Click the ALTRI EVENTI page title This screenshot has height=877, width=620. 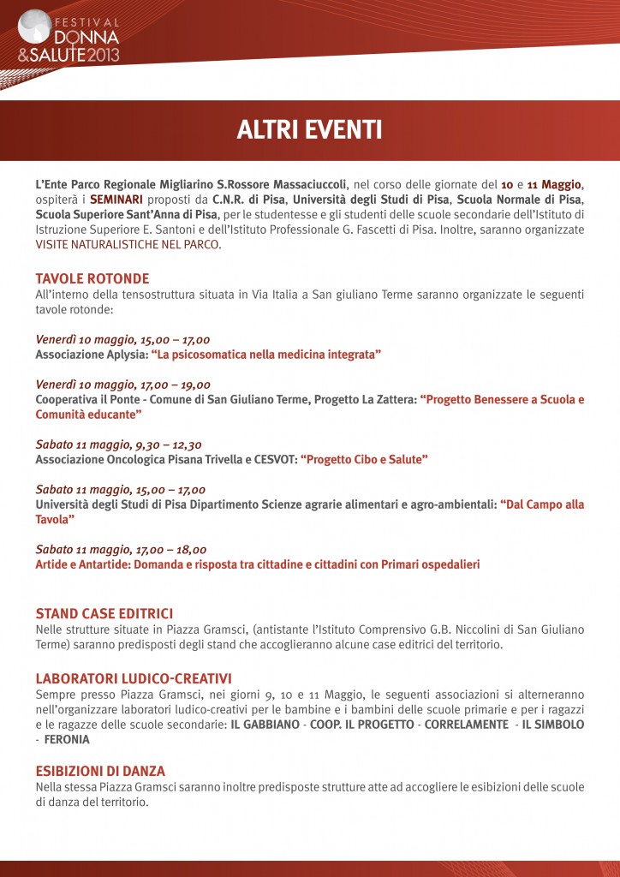(x=309, y=130)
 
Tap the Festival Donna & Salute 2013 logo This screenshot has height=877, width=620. (x=69, y=36)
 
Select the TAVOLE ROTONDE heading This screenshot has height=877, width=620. (x=92, y=278)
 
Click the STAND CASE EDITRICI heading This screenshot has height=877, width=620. (x=104, y=613)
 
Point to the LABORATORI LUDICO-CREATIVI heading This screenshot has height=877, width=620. (x=134, y=678)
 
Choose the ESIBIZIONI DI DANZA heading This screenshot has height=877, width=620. (x=100, y=771)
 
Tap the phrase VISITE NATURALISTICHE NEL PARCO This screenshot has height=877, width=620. (x=128, y=244)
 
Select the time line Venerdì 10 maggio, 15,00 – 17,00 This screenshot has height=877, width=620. (x=122, y=339)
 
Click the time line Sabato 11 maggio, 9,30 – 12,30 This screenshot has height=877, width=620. (x=119, y=444)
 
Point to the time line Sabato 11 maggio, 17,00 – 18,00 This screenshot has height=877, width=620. (x=121, y=550)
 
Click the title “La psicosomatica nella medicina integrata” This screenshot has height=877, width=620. (x=266, y=354)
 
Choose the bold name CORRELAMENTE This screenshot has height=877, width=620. (x=462, y=725)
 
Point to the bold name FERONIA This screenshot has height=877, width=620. (x=67, y=738)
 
